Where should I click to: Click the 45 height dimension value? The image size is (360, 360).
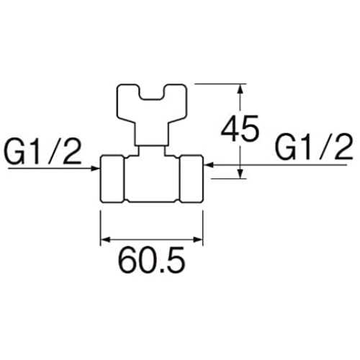point(240,128)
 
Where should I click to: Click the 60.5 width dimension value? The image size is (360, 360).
point(152,261)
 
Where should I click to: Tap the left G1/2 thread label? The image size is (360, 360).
point(42,152)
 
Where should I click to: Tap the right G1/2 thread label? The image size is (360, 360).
point(314,147)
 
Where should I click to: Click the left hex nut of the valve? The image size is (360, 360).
point(112,179)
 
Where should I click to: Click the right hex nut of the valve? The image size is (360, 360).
point(192,179)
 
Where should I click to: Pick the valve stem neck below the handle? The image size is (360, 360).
point(152,150)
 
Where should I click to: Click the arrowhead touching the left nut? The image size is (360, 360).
point(96,168)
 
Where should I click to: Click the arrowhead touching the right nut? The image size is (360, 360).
point(208,165)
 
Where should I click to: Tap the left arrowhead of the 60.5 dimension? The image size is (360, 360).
point(105,239)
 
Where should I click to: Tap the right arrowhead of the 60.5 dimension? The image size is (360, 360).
point(198,239)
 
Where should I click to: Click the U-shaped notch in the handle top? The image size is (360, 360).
point(152,96)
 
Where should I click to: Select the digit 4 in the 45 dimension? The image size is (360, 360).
point(230,128)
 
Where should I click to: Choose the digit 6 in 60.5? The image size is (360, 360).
point(127,261)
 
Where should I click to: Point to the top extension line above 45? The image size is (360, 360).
point(221,84)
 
